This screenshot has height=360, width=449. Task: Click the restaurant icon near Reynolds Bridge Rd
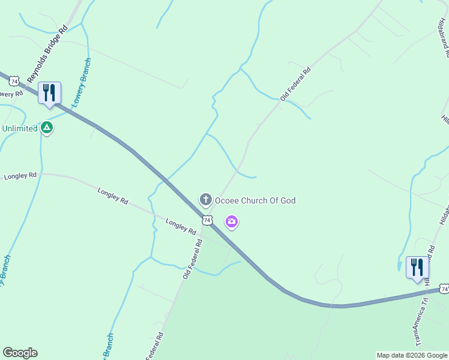tap(50, 93)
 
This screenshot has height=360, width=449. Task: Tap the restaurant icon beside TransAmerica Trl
tap(417, 268)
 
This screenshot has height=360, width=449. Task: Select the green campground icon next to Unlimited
tap(47, 128)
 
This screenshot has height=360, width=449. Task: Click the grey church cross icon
tap(205, 200)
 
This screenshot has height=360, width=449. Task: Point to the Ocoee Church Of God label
tap(255, 200)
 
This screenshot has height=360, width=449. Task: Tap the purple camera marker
tap(232, 223)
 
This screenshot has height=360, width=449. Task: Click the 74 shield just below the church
tap(207, 220)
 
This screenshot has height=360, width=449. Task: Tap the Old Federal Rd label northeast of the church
tap(295, 84)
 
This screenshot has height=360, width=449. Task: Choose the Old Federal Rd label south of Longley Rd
tap(193, 259)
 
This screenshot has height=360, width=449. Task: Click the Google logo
tap(20, 353)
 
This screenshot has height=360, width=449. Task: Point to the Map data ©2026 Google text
tap(412, 355)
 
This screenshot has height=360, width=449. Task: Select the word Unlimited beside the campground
tap(20, 128)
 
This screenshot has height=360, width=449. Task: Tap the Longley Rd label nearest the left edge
tap(20, 176)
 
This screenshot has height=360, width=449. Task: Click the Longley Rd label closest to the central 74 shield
tap(181, 227)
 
